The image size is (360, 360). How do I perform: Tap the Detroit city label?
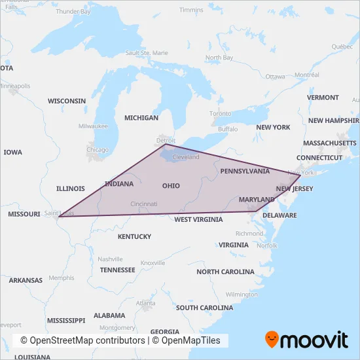pyautogui.click(x=167, y=141)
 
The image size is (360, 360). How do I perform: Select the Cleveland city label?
pyautogui.click(x=186, y=158)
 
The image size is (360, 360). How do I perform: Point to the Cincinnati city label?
pyautogui.click(x=143, y=204)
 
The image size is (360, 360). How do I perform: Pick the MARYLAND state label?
pyautogui.click(x=257, y=199)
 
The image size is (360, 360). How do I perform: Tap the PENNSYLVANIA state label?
pyautogui.click(x=245, y=171)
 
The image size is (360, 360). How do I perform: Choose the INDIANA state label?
pyautogui.click(x=118, y=184)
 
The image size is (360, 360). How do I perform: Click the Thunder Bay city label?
pyautogui.click(x=73, y=12)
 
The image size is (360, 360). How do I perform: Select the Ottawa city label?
pyautogui.click(x=275, y=77)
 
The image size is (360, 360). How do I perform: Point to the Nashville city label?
pyautogui.click(x=111, y=259)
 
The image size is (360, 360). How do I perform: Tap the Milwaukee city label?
pyautogui.click(x=93, y=126)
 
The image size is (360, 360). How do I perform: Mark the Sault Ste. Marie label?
pyautogui.click(x=147, y=52)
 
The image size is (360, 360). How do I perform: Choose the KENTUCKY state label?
pyautogui.click(x=134, y=236)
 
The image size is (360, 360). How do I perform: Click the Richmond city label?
pyautogui.click(x=249, y=233)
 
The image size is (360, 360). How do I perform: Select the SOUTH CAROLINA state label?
pyautogui.click(x=205, y=308)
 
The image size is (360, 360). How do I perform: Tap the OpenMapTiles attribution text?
pyautogui.click(x=190, y=341)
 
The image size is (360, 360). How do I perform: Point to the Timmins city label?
pyautogui.click(x=191, y=10)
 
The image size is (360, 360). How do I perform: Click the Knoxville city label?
pyautogui.click(x=153, y=262)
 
